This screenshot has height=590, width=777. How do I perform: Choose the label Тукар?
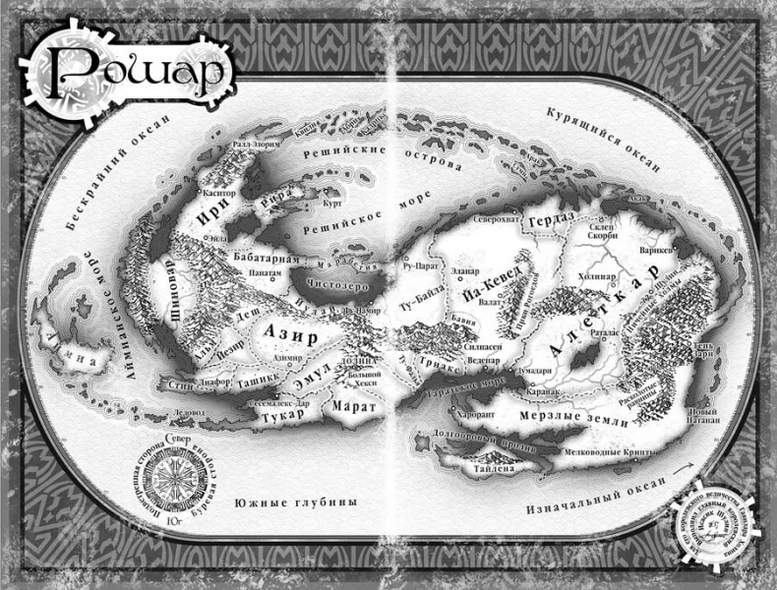(280, 417)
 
